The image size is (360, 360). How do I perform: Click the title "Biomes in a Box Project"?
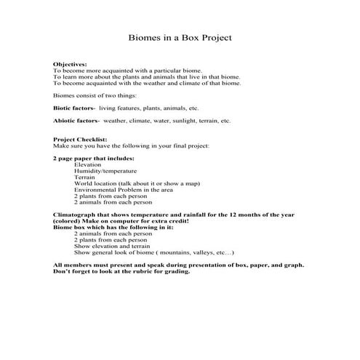[180, 37]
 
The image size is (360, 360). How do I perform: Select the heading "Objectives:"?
[70, 65]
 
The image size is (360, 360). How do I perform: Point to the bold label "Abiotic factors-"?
[76, 121]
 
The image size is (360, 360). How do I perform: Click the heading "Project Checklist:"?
[80, 139]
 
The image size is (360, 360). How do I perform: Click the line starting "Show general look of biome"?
[153, 252]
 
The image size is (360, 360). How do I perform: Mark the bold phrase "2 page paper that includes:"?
[93, 157]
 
